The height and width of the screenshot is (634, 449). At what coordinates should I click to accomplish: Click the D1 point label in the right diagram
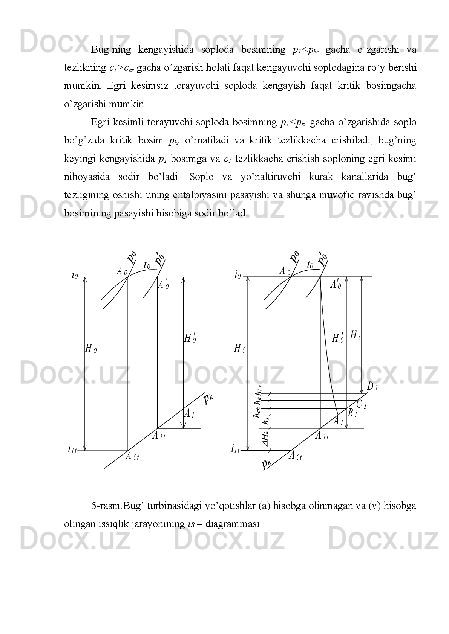pos(372,387)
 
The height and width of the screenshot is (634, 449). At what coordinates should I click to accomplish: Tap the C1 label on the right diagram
pos(361,405)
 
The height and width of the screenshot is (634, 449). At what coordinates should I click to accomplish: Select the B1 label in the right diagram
pos(352,414)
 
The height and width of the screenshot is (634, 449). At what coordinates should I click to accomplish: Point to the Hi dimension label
pos(355,335)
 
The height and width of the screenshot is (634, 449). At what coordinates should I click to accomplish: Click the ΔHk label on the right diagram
pos(266,439)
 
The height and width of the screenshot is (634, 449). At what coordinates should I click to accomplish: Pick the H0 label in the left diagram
pos(90,349)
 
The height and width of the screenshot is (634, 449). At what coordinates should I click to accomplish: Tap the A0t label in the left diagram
pos(132,456)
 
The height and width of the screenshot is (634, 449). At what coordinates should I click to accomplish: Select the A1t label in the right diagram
pos(322,436)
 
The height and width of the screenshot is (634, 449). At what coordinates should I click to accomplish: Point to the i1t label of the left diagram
pos(72,449)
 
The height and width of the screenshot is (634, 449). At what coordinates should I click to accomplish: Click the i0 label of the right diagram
pos(238,275)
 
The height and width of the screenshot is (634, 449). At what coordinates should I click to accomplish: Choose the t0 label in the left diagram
pos(147,265)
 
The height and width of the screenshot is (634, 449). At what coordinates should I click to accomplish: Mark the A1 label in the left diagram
pos(189,414)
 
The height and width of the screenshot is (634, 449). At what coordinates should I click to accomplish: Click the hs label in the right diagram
pos(266,421)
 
